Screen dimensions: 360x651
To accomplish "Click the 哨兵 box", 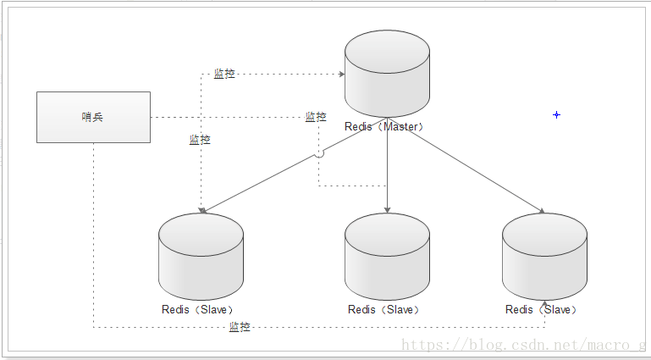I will pyautogui.click(x=93, y=117).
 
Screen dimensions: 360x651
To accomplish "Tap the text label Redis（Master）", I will pyautogui.click(x=383, y=126).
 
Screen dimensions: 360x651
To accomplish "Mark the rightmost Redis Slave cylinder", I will pyautogui.click(x=544, y=255).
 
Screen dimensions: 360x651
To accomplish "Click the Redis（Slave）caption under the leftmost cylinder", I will pyautogui.click(x=197, y=309).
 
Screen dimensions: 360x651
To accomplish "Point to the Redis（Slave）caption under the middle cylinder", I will pyautogui.click(x=383, y=309).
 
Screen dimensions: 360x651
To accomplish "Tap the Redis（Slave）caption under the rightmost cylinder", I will pyautogui.click(x=541, y=309).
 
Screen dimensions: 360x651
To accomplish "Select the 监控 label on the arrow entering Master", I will pyautogui.click(x=224, y=74).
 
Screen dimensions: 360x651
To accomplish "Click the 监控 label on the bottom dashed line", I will pyautogui.click(x=240, y=327).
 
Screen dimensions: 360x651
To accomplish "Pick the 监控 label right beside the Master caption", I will pyautogui.click(x=316, y=117).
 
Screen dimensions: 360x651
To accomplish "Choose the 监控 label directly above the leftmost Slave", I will pyautogui.click(x=200, y=140).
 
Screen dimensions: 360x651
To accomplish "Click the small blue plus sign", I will pyautogui.click(x=556, y=114).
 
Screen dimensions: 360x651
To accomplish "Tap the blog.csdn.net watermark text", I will pyautogui.click(x=523, y=345).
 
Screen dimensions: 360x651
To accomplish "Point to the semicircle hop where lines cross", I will pyautogui.click(x=319, y=154).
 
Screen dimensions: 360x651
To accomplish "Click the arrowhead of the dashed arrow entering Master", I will pyautogui.click(x=341, y=74).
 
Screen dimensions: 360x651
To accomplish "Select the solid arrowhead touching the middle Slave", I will pyautogui.click(x=387, y=209).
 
